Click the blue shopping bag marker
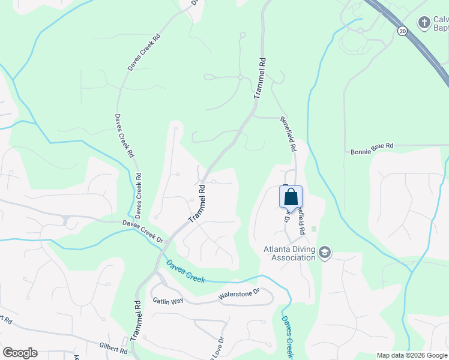(291, 197)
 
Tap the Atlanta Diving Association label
(289, 254)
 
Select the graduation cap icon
(325, 252)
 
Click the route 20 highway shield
(401, 30)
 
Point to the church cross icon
(424, 22)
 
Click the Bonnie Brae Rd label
(372, 146)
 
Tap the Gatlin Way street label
(167, 300)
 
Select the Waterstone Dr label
(238, 293)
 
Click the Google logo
(20, 353)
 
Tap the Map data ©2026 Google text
(412, 355)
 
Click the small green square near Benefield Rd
(314, 229)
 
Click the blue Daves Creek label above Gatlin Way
(185, 271)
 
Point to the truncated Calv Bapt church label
(441, 24)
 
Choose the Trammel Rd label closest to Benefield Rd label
(260, 78)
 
